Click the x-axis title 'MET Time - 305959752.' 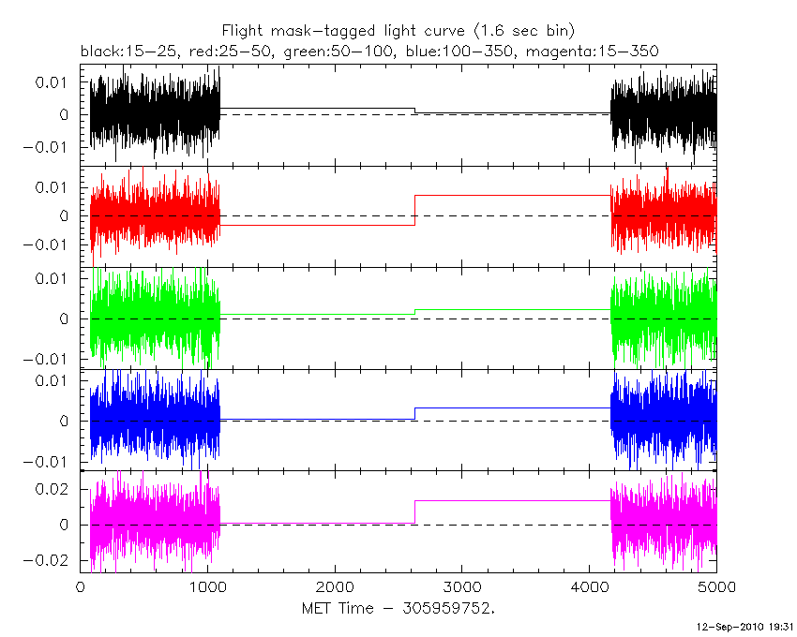[398, 608]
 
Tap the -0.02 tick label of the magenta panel [51, 560]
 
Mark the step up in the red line [414, 210]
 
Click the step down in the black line [414, 111]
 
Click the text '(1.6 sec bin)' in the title [531, 30]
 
